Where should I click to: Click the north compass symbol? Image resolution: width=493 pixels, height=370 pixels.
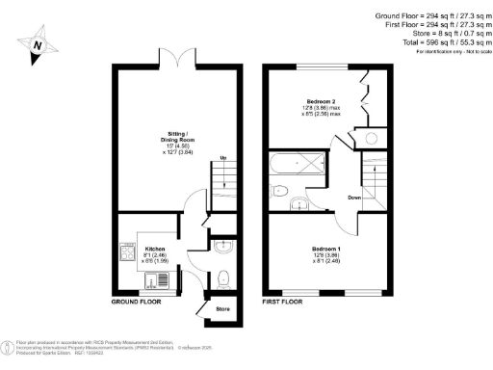37,44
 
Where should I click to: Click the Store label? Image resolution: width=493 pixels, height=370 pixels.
222,309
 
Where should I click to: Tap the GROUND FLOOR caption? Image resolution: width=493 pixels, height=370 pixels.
137,303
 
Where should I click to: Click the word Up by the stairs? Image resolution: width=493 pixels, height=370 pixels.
224,159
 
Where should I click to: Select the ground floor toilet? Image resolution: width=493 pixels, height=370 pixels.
223,278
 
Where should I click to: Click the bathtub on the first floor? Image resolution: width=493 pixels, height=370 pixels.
302,163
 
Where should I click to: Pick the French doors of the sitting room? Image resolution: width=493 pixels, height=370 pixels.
175,60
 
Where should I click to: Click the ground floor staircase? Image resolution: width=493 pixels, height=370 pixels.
223,178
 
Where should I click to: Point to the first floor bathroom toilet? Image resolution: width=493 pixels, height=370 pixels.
276,189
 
